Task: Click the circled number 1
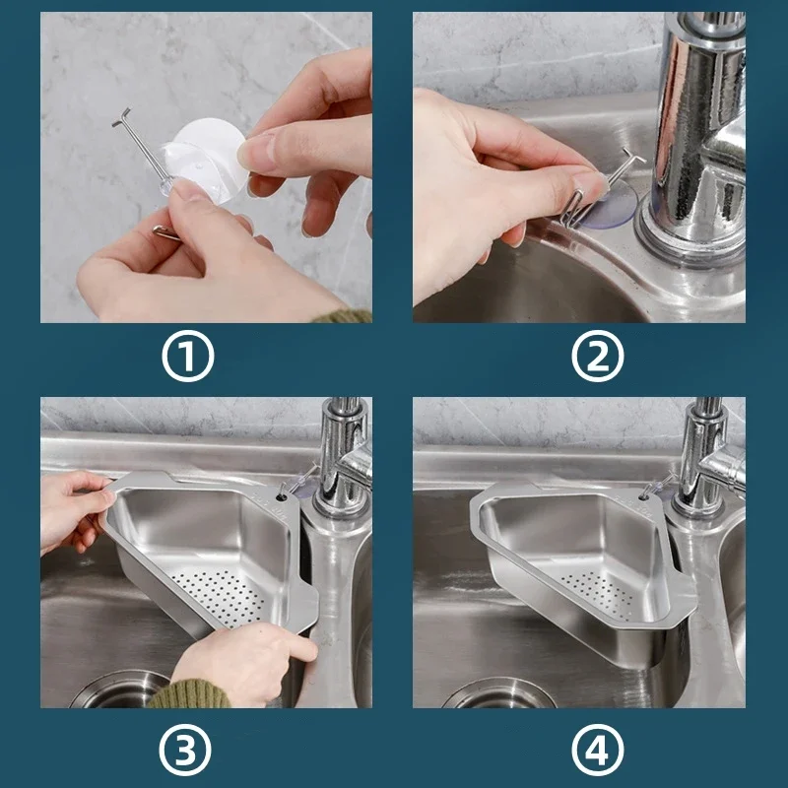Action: [187, 360]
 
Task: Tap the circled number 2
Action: [599, 360]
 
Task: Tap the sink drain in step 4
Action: [492, 693]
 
